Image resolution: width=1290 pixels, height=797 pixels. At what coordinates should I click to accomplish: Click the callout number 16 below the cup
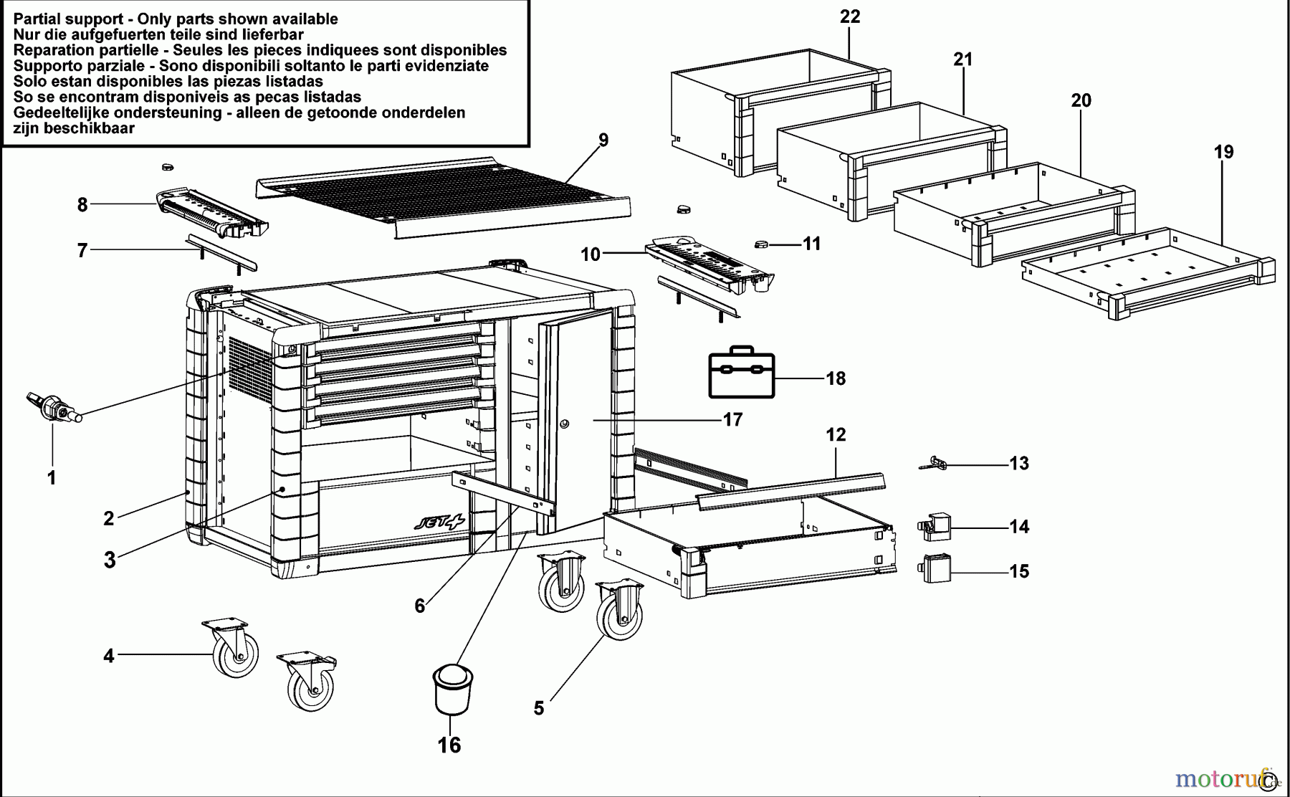coord(449,745)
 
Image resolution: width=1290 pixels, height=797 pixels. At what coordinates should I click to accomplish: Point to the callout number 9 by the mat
coord(603,140)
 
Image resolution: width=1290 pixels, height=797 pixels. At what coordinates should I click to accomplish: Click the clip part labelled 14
coord(933,527)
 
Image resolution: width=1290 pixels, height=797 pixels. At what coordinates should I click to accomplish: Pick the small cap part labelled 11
coord(762,245)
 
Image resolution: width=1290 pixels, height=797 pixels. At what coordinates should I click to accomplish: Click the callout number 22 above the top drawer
coord(850,16)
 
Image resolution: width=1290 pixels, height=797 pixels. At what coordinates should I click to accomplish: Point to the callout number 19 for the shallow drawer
coord(1224,152)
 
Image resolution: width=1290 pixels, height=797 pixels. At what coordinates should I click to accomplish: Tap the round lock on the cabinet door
coord(564,424)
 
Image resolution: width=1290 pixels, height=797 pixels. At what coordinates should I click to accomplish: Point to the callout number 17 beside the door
coord(732,420)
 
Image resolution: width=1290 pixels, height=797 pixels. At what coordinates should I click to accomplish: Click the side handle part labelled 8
coord(211,214)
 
